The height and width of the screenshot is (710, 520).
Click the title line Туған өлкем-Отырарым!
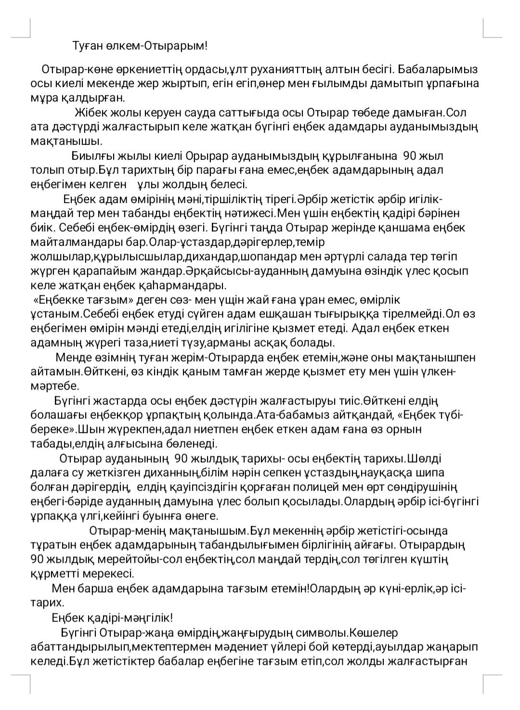click(x=140, y=46)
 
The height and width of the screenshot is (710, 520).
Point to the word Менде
click(x=71, y=358)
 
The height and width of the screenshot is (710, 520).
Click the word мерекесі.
click(x=109, y=574)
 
